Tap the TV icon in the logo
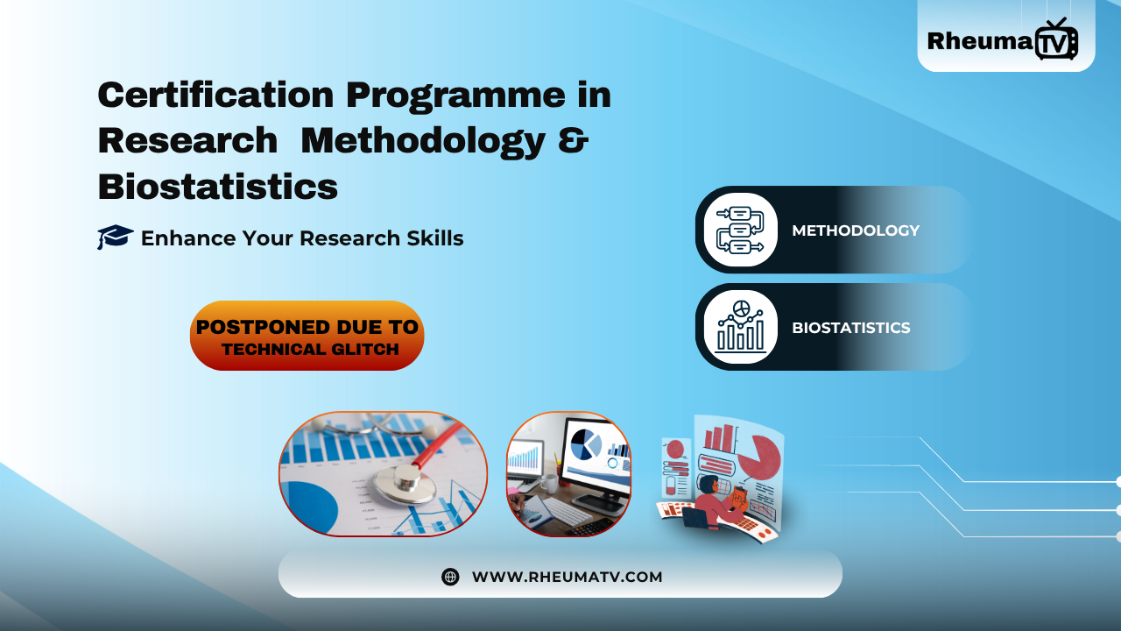click(x=1056, y=40)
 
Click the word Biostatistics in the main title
click(x=217, y=187)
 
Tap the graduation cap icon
click(x=115, y=237)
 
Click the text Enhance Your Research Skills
click(x=302, y=238)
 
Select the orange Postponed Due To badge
click(x=307, y=335)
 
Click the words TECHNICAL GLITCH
click(x=310, y=350)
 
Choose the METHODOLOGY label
click(x=856, y=230)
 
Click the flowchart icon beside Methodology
click(x=740, y=230)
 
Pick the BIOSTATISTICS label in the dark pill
click(x=850, y=328)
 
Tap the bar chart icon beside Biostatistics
click(x=740, y=327)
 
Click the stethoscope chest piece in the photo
click(x=405, y=480)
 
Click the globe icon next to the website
click(x=450, y=577)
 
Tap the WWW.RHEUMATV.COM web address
click(x=567, y=577)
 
